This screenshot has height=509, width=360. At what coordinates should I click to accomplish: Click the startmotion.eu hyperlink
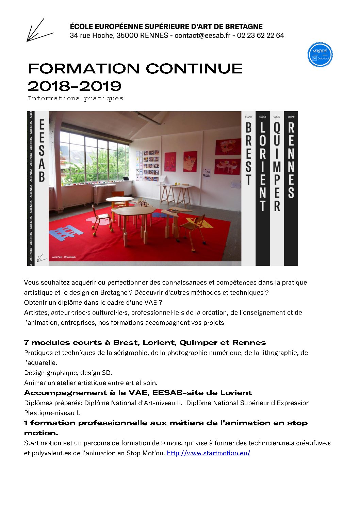(208, 453)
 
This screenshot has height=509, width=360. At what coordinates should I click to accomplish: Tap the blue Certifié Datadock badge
(320, 55)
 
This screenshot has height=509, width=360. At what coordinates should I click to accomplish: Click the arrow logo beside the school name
(39, 31)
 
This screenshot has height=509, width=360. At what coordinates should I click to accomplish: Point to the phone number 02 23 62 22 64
(260, 36)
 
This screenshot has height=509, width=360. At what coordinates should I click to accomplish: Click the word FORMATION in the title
(84, 69)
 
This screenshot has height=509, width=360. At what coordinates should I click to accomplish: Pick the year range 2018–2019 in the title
(75, 86)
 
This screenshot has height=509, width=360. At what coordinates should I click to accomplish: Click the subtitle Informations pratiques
(76, 99)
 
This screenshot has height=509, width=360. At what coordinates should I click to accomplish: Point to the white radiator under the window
(104, 193)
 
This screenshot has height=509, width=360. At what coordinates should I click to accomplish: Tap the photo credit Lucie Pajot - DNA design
(64, 257)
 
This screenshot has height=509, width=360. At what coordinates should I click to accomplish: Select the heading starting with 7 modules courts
(145, 343)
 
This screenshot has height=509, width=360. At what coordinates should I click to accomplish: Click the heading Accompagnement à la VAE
(138, 393)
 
